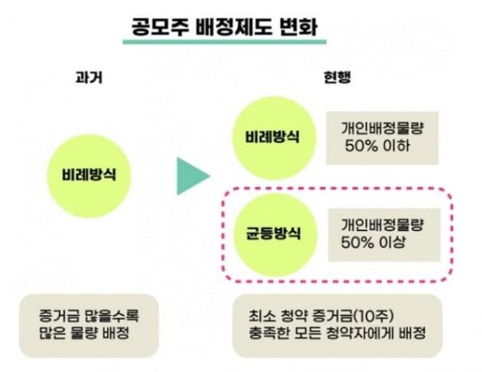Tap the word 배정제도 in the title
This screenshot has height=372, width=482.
pos(233,27)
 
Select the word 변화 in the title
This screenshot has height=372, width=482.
pos(298,27)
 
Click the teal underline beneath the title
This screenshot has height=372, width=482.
pos(224,41)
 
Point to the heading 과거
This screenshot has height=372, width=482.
pos(89,77)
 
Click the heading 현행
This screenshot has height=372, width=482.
pos(337,77)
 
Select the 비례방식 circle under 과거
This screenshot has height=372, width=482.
pos(89,176)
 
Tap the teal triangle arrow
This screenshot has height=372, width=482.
pos(194,176)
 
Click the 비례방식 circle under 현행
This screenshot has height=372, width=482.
pos(273,138)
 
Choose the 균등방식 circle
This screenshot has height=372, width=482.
pos(275,235)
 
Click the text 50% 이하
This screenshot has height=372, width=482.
pos(377,145)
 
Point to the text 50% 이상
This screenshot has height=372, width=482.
pos(373,243)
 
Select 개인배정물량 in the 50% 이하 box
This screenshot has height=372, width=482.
pos(383,128)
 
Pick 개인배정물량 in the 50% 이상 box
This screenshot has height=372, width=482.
pos(383,225)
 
